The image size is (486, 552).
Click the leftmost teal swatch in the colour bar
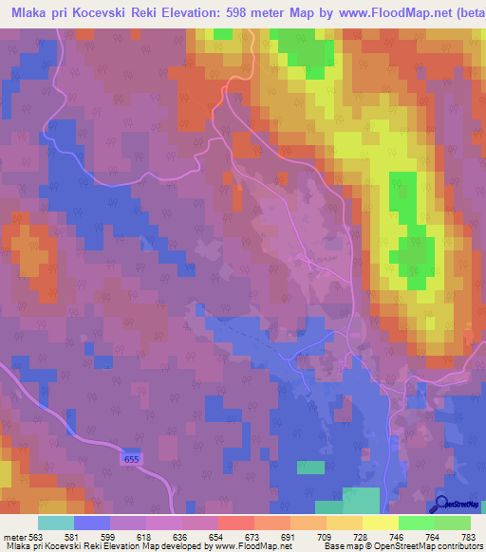56,523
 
